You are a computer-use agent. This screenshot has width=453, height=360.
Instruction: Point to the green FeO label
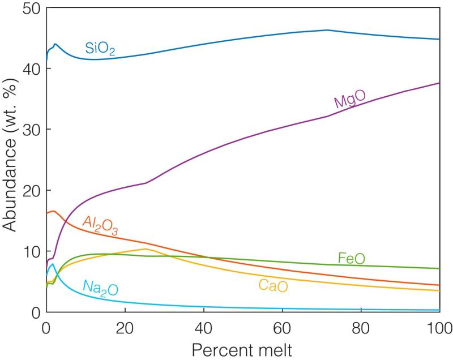point(351,259)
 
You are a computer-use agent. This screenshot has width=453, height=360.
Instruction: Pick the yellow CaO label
point(273,286)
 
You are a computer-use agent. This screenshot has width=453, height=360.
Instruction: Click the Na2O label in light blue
point(100,288)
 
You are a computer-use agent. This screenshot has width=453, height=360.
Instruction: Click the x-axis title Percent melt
point(243,349)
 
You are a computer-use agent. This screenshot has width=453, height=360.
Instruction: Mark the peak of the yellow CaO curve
point(146,248)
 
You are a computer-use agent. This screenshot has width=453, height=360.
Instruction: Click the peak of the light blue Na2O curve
point(53,264)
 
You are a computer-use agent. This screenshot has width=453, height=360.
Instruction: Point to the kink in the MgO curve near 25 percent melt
point(146,183)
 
